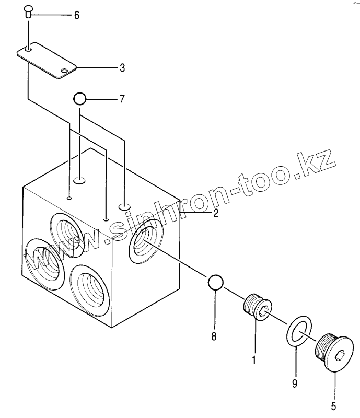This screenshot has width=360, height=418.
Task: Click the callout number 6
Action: click(x=76, y=15)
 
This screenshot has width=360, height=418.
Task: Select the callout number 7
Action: click(x=122, y=98)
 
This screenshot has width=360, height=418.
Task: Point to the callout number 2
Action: click(x=215, y=212)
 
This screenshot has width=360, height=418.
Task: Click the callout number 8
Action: click(x=214, y=336)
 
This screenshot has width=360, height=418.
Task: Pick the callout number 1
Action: click(x=254, y=359)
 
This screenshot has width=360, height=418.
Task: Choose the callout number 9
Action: click(x=295, y=384)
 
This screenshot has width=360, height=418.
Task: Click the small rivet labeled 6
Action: click(x=29, y=10)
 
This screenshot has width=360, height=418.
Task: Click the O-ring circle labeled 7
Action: click(x=79, y=98)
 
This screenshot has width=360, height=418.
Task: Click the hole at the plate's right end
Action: click(x=64, y=71)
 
